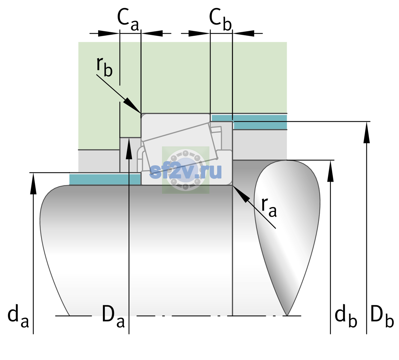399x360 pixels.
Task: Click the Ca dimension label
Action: coord(128,19)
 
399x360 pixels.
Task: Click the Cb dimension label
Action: coord(220,19)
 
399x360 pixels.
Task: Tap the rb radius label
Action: coord(104,67)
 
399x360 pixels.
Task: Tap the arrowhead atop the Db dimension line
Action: coord(367,132)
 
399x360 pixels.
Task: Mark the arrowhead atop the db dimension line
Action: coord(330,171)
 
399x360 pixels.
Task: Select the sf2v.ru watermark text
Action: coord(186,171)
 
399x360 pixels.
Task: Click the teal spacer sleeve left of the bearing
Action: coord(105,179)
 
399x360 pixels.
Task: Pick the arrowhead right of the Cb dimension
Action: coord(244,33)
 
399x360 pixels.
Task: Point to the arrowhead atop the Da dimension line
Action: coord(129,148)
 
